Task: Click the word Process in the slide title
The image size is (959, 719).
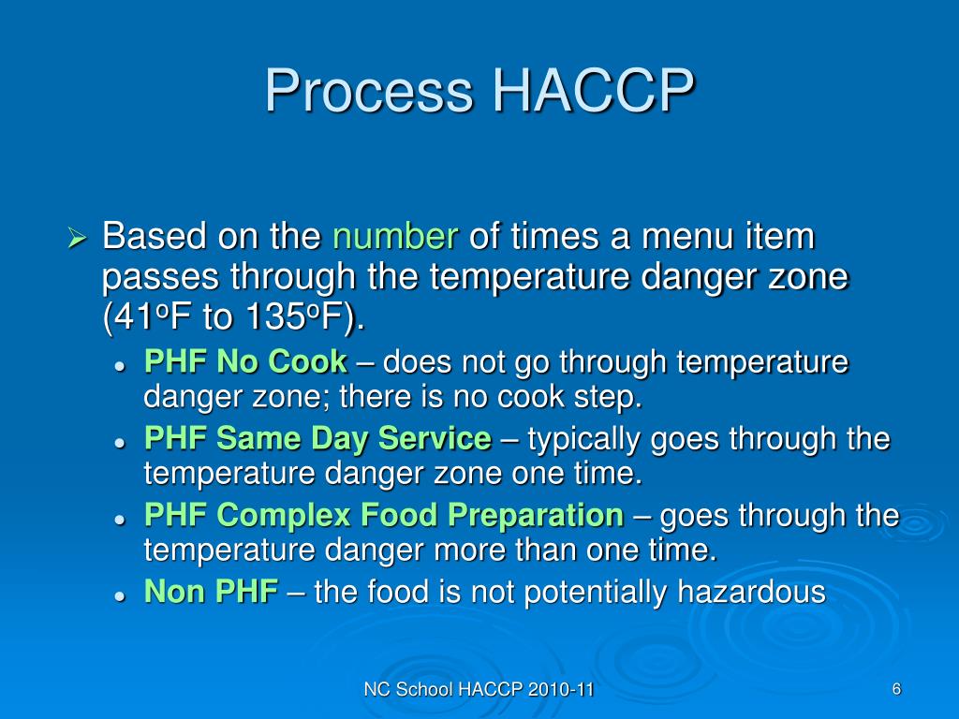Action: (x=365, y=92)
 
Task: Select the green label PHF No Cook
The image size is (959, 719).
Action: (x=244, y=361)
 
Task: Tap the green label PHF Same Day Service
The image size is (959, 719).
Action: (x=317, y=438)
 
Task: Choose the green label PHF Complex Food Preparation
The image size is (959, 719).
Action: (x=383, y=515)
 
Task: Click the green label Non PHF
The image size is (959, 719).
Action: (x=211, y=592)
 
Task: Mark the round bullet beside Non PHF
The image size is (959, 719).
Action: (x=120, y=594)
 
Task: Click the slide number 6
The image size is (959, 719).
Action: (x=896, y=690)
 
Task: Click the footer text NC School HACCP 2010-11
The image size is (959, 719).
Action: (x=479, y=691)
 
